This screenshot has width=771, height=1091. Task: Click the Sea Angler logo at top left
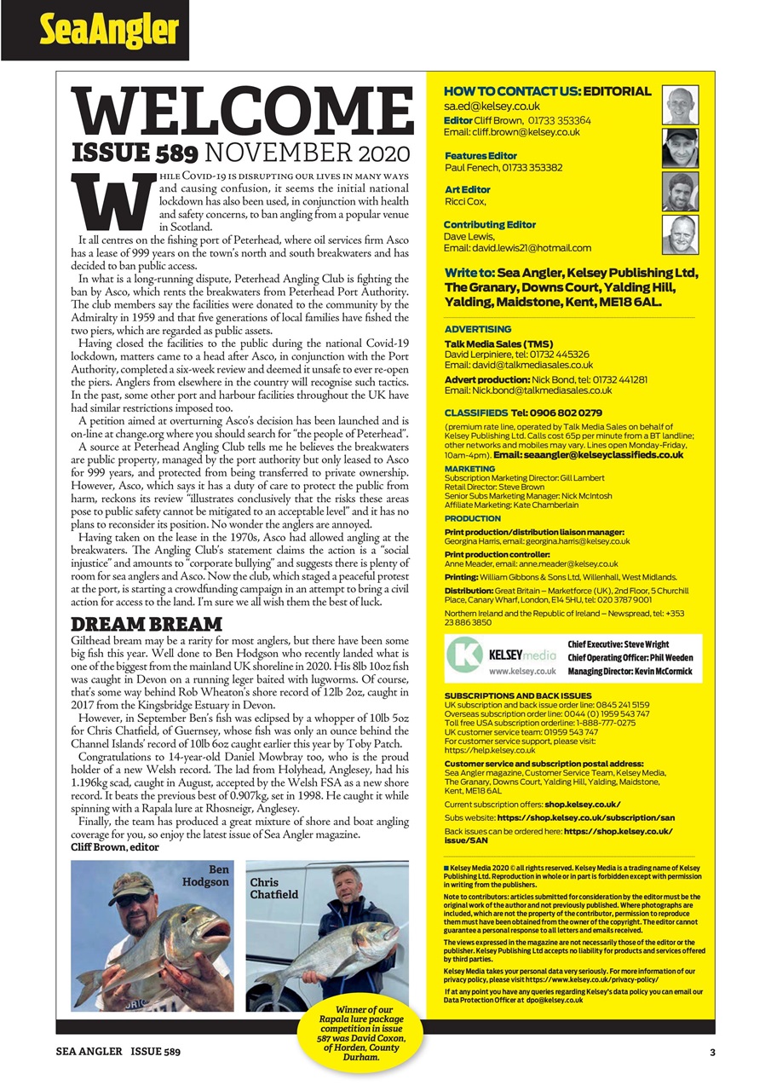click(x=109, y=31)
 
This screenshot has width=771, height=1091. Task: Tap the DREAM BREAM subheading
click(x=146, y=623)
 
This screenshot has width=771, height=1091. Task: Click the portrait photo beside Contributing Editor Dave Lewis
click(x=680, y=234)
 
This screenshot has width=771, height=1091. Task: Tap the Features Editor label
click(x=480, y=155)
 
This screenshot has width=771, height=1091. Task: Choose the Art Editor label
click(x=468, y=189)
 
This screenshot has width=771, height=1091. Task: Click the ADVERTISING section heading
click(x=478, y=328)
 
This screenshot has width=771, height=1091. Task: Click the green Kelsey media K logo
click(x=465, y=657)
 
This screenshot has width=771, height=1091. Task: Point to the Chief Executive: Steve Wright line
click(x=619, y=644)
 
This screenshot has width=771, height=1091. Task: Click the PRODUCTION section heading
click(x=473, y=518)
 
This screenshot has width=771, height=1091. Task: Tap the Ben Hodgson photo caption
click(x=209, y=875)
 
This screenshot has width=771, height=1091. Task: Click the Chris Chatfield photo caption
click(x=274, y=888)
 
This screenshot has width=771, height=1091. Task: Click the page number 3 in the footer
click(x=712, y=1053)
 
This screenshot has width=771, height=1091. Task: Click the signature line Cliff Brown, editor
click(x=113, y=847)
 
